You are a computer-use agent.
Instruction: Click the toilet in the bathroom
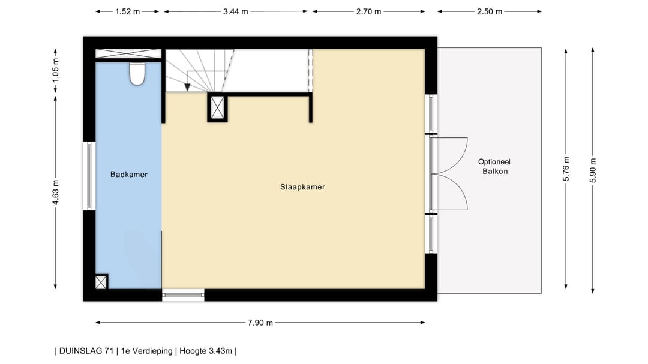pos(137,74)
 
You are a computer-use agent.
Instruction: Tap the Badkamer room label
pos(129,175)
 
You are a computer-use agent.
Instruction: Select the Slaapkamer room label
pos(302,187)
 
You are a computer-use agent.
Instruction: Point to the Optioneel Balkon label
pos(494,167)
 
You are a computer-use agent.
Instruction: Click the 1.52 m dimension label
pos(127,11)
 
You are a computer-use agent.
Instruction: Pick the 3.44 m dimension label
pos(236,11)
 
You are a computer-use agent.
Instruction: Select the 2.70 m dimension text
pos(368,11)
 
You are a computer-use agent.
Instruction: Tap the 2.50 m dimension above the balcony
pos(490,11)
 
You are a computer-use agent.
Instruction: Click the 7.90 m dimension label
pos(260,323)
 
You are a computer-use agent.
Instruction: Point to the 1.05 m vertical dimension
pos(56,70)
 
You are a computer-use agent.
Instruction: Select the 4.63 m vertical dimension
pos(56,192)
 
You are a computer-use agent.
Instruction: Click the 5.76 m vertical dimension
pos(566,169)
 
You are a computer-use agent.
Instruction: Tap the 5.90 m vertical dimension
pos(593,170)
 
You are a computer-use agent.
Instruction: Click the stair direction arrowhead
pos(187,87)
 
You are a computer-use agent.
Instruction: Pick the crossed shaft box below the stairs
pos(217,107)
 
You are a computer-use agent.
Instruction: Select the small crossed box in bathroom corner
pos(101,282)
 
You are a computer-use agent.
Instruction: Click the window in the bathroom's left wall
pos(89,176)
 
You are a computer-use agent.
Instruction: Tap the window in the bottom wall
pos(183,295)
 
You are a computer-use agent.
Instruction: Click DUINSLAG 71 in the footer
pos(86,351)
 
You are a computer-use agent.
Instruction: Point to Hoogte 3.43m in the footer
pos(206,351)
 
